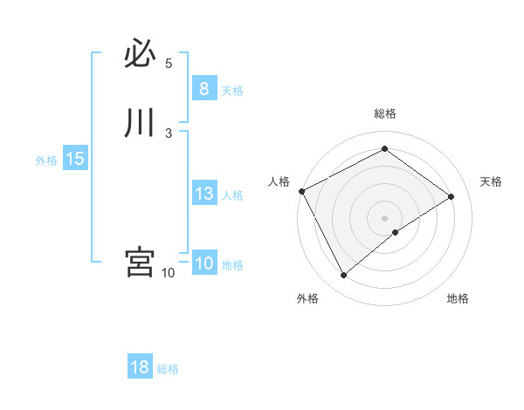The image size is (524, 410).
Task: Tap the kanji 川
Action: (x=140, y=123)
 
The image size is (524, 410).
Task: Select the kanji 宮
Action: (x=140, y=262)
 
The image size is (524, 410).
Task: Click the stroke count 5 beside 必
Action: (x=169, y=64)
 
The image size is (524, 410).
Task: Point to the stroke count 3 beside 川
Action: (x=169, y=133)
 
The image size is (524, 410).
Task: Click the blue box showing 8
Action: (x=203, y=89)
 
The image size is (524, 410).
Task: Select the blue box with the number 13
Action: (x=203, y=194)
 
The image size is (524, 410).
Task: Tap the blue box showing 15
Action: (x=75, y=159)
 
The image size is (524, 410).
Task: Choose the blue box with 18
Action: (x=140, y=367)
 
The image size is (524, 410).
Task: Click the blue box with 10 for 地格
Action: (x=203, y=263)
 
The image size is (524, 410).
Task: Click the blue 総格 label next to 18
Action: (x=168, y=369)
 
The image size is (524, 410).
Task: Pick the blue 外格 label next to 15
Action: (x=46, y=161)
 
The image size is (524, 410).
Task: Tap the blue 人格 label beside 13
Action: (x=233, y=195)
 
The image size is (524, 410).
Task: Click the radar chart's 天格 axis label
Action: (x=492, y=181)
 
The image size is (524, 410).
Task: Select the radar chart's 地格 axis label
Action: (x=458, y=298)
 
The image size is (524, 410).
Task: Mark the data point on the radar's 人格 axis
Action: (x=301, y=191)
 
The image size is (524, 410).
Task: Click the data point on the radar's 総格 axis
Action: (x=384, y=149)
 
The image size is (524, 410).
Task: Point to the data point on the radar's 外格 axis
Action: (x=343, y=276)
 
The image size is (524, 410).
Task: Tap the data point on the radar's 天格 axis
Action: (x=452, y=196)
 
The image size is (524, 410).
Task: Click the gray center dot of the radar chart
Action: (x=384, y=218)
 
